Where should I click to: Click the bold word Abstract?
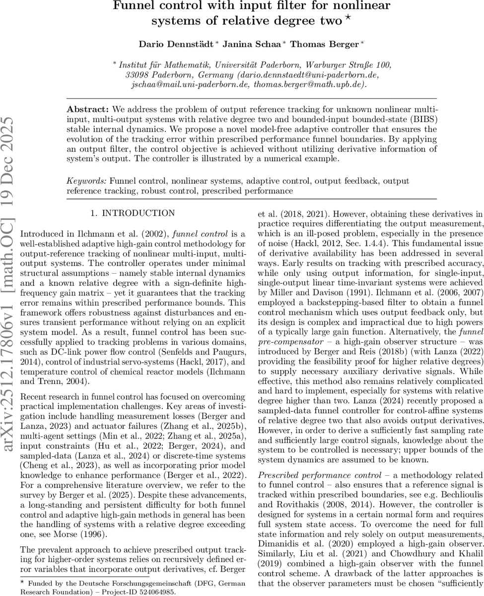click(x=88, y=109)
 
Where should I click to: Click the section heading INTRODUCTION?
click(x=138, y=214)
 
